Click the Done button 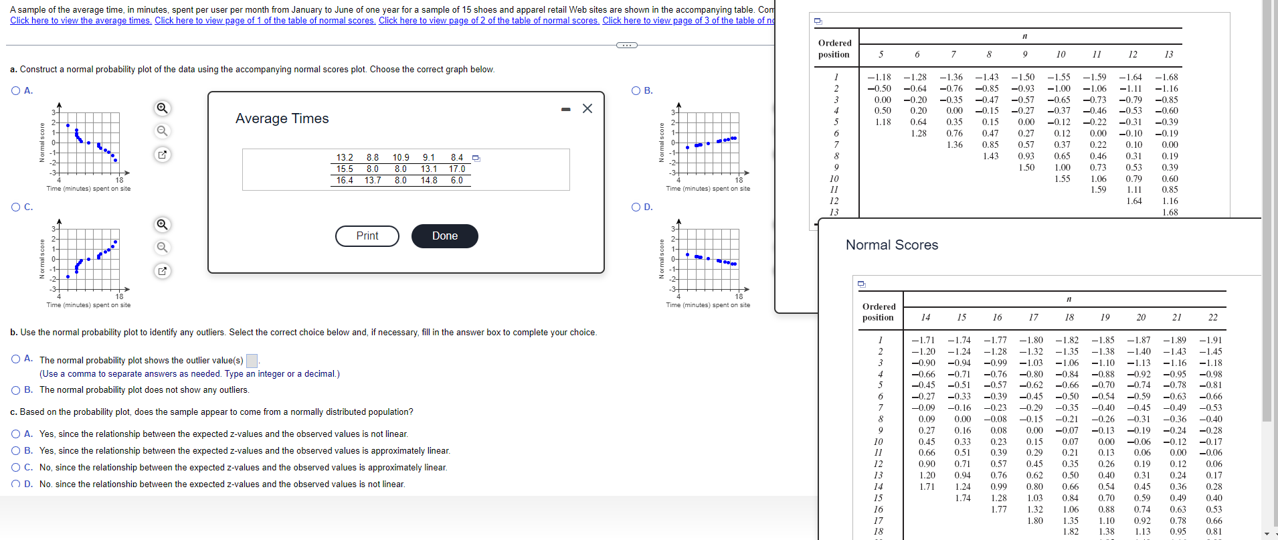444,236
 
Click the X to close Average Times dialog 587,108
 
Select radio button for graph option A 15,91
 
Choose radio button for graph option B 636,91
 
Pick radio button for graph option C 15,207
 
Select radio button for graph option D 636,207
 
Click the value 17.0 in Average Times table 457,169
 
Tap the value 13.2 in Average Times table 345,158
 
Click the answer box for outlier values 252,361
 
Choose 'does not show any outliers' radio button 15,390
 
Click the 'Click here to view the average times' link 80,21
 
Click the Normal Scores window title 892,246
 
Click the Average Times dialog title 282,119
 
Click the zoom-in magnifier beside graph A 162,108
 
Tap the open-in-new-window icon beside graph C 162,271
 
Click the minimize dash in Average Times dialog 566,109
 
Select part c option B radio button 15,451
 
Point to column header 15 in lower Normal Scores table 962,317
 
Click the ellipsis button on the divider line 626,46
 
